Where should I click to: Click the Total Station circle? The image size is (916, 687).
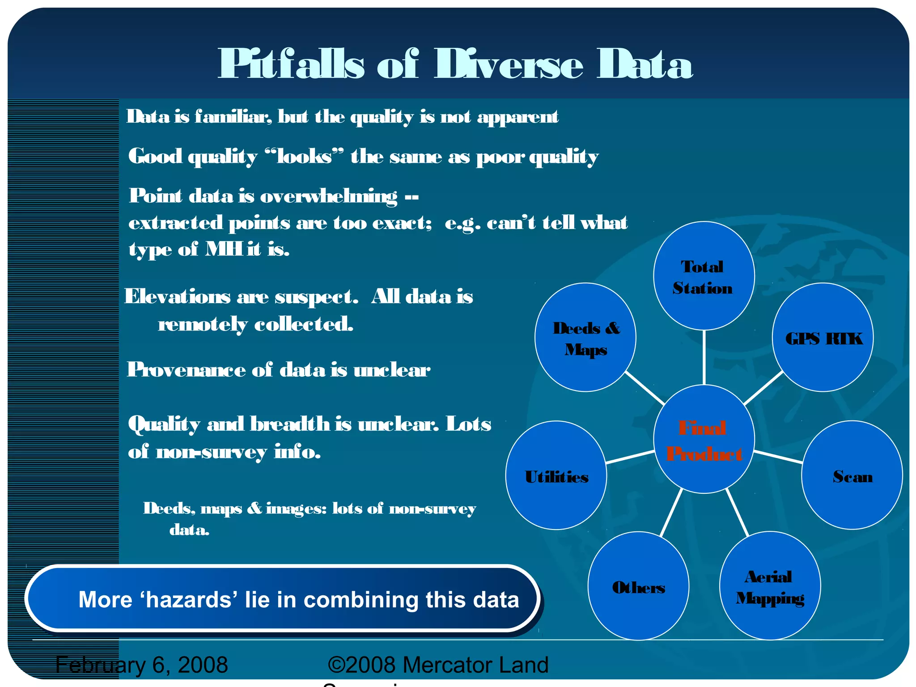(x=704, y=276)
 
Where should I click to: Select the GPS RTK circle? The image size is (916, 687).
(x=823, y=337)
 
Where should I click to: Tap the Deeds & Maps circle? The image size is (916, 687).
(x=585, y=337)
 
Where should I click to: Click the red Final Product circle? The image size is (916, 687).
(x=704, y=439)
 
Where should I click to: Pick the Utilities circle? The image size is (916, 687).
(x=556, y=475)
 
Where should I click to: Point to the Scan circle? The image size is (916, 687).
(x=852, y=475)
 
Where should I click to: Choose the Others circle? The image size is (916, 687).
(x=638, y=586)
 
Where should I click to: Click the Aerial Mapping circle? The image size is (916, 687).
(x=770, y=586)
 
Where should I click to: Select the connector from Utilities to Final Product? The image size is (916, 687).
(x=630, y=457)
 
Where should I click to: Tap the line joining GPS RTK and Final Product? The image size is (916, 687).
(x=763, y=387)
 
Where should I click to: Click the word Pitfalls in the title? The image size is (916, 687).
(x=291, y=65)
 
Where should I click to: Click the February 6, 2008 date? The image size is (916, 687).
(x=142, y=665)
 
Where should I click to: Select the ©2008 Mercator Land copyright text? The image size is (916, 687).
(x=438, y=665)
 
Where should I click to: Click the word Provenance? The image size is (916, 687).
(x=186, y=370)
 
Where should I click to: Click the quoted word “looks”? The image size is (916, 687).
(x=304, y=157)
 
